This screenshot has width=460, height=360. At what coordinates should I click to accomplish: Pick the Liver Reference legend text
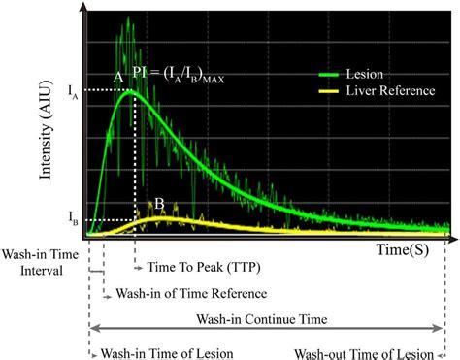[388, 89]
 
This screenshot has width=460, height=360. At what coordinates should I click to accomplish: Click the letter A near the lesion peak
[118, 76]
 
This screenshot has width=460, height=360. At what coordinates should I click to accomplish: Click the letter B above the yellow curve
[156, 204]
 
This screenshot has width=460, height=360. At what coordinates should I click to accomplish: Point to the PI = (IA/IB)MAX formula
[178, 75]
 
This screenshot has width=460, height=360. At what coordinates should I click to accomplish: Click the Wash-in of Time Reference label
[190, 293]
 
